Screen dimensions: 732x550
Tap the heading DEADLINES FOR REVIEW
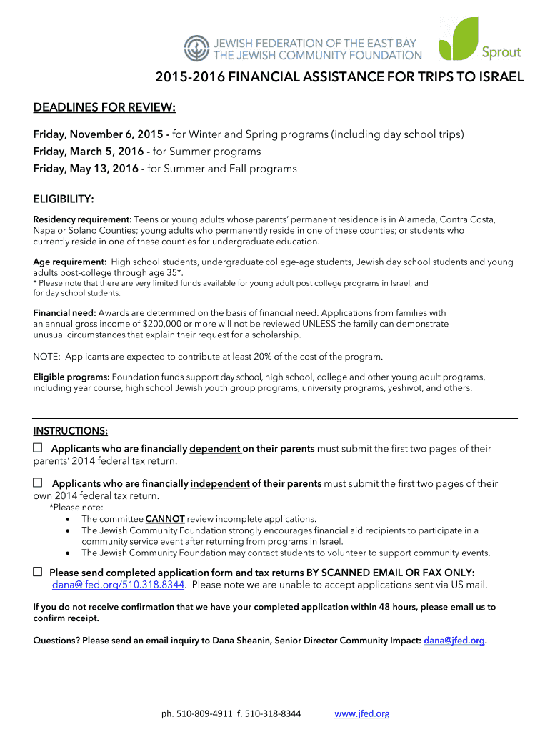point(104,108)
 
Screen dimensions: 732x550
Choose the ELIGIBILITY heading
point(64,198)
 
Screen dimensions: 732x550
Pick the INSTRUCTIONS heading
point(71,431)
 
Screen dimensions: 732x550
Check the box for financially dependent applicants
point(38,448)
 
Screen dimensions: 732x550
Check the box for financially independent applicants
point(38,483)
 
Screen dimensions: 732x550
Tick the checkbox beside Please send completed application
point(38,573)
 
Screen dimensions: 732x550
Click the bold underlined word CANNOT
point(165,519)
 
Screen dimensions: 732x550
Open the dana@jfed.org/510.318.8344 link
point(119,585)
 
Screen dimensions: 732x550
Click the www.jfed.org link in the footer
point(362,713)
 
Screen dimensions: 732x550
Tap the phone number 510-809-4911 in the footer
point(205,713)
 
